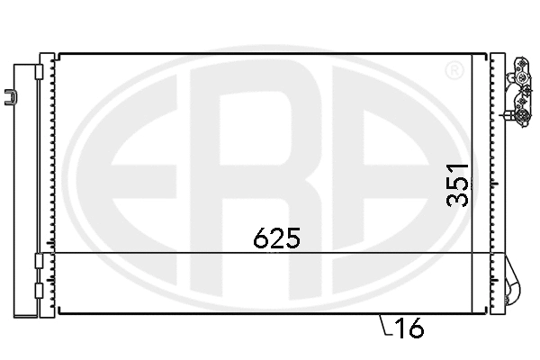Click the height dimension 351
[459, 184]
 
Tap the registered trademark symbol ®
[455, 69]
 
